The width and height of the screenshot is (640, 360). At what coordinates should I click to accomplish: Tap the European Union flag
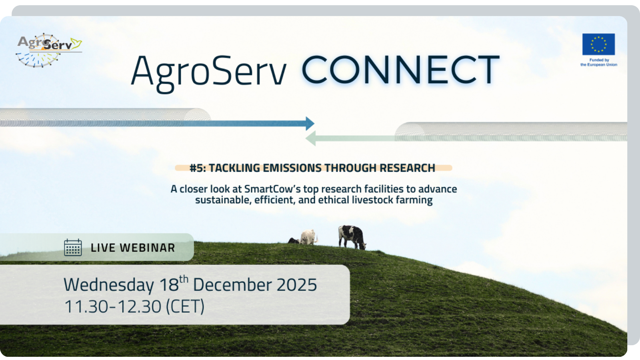click(598, 44)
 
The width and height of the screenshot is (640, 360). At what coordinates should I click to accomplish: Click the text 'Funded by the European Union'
click(598, 62)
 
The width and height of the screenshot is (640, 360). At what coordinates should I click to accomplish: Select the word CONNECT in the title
click(400, 70)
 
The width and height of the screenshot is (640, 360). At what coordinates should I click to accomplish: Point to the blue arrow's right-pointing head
click(310, 124)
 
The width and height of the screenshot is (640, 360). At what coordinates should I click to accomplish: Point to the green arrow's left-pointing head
click(310, 138)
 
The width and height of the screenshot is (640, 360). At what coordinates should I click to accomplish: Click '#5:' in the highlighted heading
click(198, 168)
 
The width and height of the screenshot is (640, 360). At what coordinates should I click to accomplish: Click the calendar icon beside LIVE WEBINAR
click(73, 248)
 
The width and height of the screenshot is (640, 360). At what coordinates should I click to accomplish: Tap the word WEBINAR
click(147, 248)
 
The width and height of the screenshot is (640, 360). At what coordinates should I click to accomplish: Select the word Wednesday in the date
click(109, 285)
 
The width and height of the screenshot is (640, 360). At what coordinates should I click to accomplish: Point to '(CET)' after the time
click(185, 306)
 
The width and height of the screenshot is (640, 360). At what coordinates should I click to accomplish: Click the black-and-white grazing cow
click(352, 237)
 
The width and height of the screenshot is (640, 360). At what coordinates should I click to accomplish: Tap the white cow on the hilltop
click(308, 237)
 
